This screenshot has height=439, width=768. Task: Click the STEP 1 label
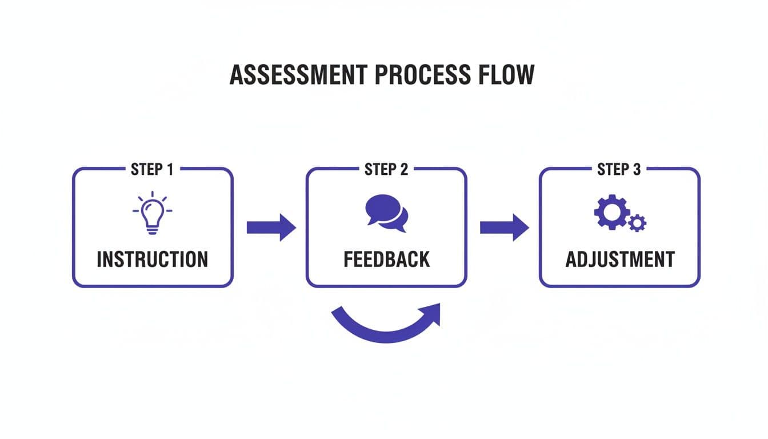(152, 169)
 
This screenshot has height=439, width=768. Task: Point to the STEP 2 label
(386, 169)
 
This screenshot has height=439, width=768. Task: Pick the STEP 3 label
(619, 169)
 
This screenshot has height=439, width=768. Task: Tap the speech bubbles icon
(386, 213)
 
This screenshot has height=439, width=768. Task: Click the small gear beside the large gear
(637, 222)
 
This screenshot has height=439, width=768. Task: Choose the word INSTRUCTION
(152, 260)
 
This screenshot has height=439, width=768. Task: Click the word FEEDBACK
(386, 260)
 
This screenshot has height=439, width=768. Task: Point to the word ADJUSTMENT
(620, 260)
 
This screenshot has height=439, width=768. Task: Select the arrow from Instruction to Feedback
(271, 228)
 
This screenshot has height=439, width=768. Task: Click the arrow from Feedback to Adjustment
(504, 228)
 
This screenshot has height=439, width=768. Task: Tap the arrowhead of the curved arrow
(432, 313)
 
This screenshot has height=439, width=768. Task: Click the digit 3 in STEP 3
(637, 169)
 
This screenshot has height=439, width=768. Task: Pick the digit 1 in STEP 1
(169, 169)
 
